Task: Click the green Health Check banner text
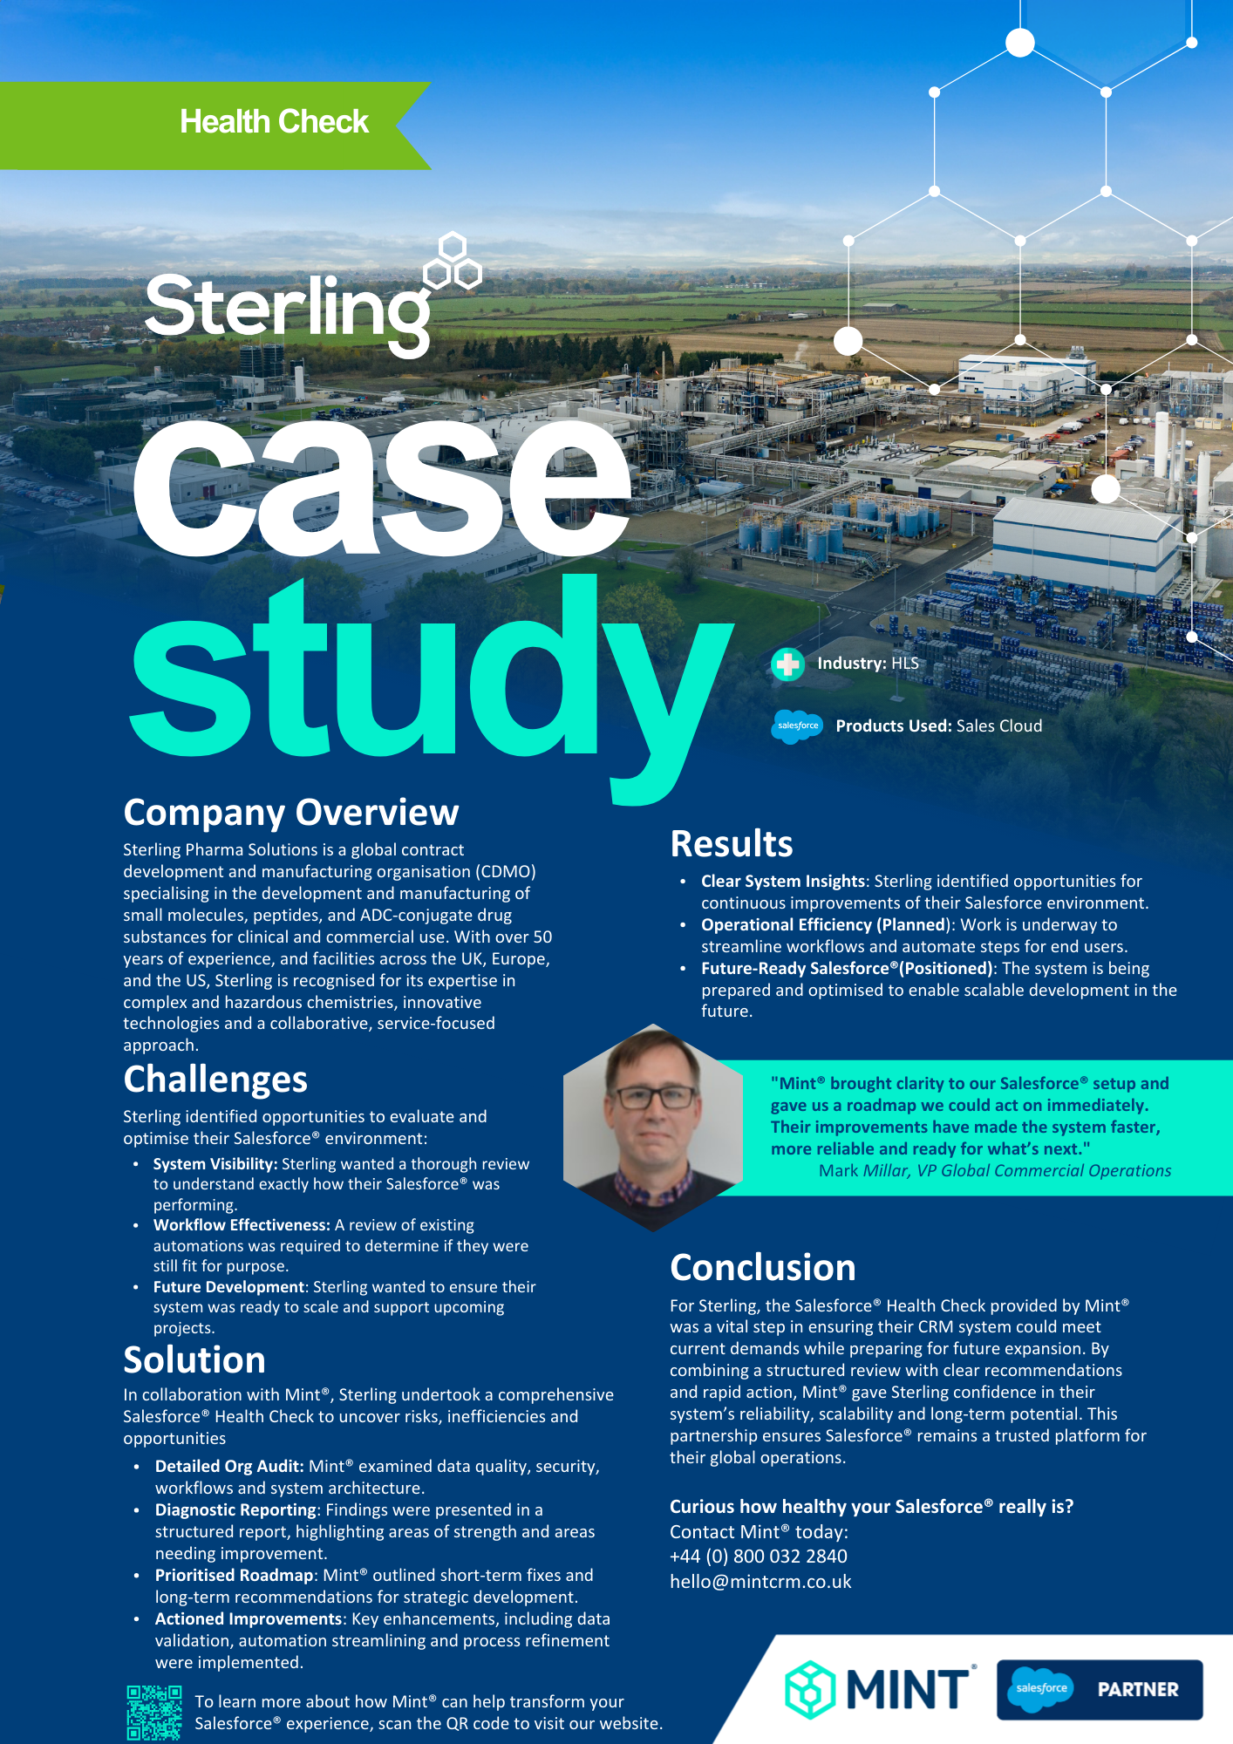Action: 274,122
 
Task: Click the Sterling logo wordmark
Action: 288,308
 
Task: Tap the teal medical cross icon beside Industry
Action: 787,664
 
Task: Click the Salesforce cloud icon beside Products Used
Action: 797,726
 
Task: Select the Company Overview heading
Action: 290,813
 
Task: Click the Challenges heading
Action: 215,1080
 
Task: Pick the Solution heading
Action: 194,1360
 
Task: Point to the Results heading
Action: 732,844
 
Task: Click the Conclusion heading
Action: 762,1268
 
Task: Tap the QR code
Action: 153,1712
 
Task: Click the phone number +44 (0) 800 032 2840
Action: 758,1557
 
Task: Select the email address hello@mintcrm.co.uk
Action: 760,1582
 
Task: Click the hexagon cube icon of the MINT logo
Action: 810,1689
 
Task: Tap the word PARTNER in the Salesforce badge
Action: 1137,1690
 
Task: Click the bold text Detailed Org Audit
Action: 229,1467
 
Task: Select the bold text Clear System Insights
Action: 782,882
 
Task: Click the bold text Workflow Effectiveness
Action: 241,1225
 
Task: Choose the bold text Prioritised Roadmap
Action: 234,1576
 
